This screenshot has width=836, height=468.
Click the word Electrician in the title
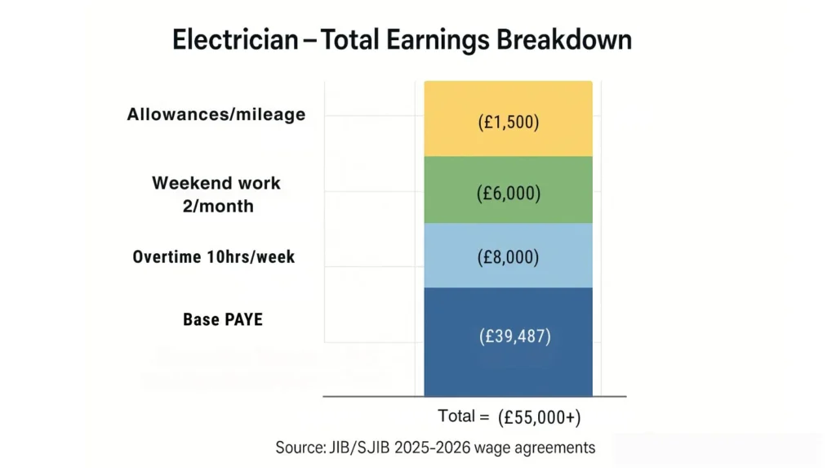click(235, 40)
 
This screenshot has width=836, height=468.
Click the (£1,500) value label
click(509, 123)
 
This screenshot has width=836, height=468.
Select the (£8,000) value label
click(509, 257)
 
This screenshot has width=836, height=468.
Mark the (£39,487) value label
click(514, 336)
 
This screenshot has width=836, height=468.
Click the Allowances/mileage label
click(216, 114)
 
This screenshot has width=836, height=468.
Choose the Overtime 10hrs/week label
click(214, 257)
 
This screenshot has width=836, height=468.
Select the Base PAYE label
click(223, 319)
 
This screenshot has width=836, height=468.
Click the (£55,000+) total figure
click(540, 417)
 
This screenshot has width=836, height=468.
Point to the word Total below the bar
click(457, 417)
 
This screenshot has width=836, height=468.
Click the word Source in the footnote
click(303, 448)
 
